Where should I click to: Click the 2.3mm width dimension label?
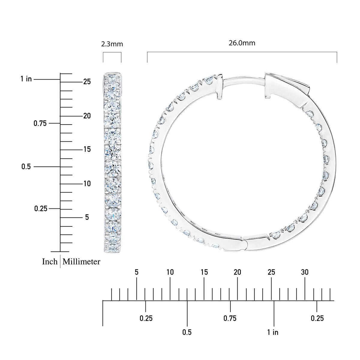pyautogui.click(x=112, y=44)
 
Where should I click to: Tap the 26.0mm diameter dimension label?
pyautogui.click(x=242, y=43)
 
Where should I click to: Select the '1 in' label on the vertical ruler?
pyautogui.click(x=26, y=79)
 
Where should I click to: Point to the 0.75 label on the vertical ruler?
pyautogui.click(x=40, y=123)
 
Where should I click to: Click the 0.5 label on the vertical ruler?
pyautogui.click(x=26, y=166)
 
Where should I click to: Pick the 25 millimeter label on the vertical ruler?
pyautogui.click(x=87, y=82)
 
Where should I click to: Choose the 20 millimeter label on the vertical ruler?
pyautogui.click(x=87, y=116)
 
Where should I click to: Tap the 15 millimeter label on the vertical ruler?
pyautogui.click(x=87, y=149)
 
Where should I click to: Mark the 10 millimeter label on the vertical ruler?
pyautogui.click(x=87, y=184)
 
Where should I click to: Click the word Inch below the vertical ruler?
pyautogui.click(x=50, y=262)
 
